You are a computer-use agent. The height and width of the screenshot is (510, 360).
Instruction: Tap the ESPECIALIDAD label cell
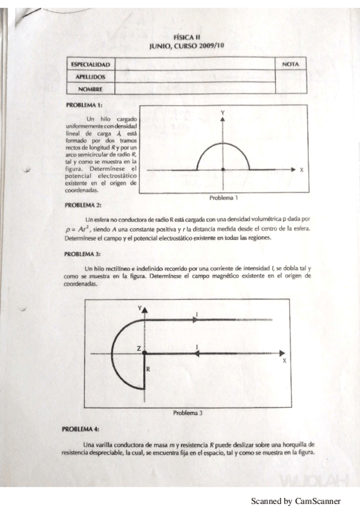90,64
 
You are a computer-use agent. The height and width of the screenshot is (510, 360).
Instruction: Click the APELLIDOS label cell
90,76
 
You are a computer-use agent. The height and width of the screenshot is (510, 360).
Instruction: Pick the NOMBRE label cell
90,89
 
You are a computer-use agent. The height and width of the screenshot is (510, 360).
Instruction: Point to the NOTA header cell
291,64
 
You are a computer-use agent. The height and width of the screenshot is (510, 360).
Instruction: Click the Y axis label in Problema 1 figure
223,113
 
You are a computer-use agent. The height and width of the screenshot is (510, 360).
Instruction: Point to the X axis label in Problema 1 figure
302,170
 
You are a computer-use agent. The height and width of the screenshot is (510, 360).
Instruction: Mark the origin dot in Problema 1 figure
223,170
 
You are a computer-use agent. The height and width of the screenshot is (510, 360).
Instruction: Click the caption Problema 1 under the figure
224,197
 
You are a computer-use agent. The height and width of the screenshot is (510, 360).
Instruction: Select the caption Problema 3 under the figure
188,413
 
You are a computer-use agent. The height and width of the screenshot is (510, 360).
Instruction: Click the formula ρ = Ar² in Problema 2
77,229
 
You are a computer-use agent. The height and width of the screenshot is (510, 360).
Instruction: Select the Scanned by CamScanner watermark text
296,500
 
